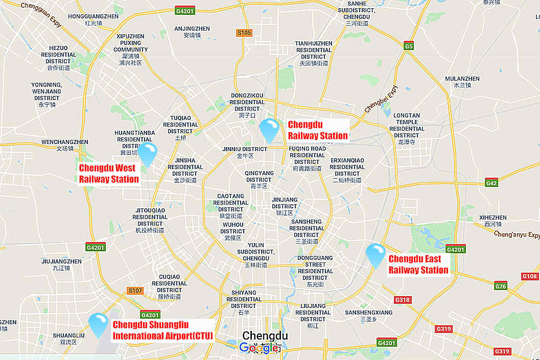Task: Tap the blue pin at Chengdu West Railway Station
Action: click(x=148, y=154)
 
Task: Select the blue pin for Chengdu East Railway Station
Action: click(x=375, y=255)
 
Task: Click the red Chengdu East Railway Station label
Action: click(x=418, y=265)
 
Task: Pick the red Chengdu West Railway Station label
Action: click(x=109, y=174)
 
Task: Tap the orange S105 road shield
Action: click(x=244, y=33)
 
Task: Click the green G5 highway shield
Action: click(x=408, y=46)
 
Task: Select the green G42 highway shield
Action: click(x=491, y=183)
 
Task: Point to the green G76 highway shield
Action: click(x=500, y=286)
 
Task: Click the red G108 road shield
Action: click(x=530, y=276)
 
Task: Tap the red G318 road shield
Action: click(x=403, y=300)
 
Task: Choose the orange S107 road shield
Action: click(x=135, y=291)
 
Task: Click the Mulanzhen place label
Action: click(x=462, y=82)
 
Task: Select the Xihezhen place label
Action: click(x=493, y=221)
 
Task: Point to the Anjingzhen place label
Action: click(x=192, y=32)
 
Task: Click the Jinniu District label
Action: click(x=245, y=152)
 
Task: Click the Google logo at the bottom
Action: click(x=260, y=348)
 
